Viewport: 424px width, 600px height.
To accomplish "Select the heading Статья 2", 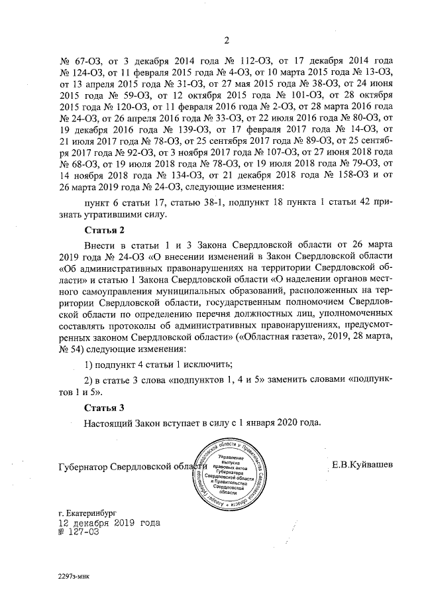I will tap(105, 230).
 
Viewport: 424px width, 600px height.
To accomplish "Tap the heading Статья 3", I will tap(105, 406).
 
